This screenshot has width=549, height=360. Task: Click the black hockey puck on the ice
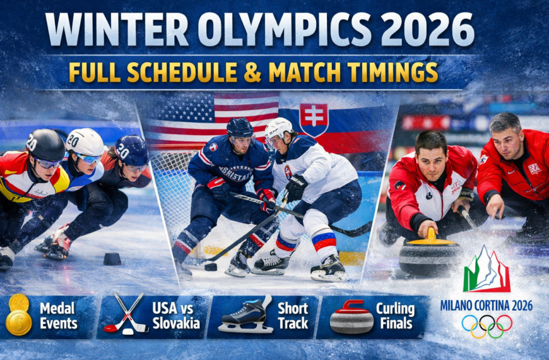211,267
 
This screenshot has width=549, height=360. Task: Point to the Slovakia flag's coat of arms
314,119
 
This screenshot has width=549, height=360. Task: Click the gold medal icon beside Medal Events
18,315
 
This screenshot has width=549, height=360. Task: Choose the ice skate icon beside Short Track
245,315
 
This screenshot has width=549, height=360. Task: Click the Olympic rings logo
487,326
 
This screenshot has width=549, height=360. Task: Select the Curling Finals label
395,316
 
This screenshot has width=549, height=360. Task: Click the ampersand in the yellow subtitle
252,71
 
